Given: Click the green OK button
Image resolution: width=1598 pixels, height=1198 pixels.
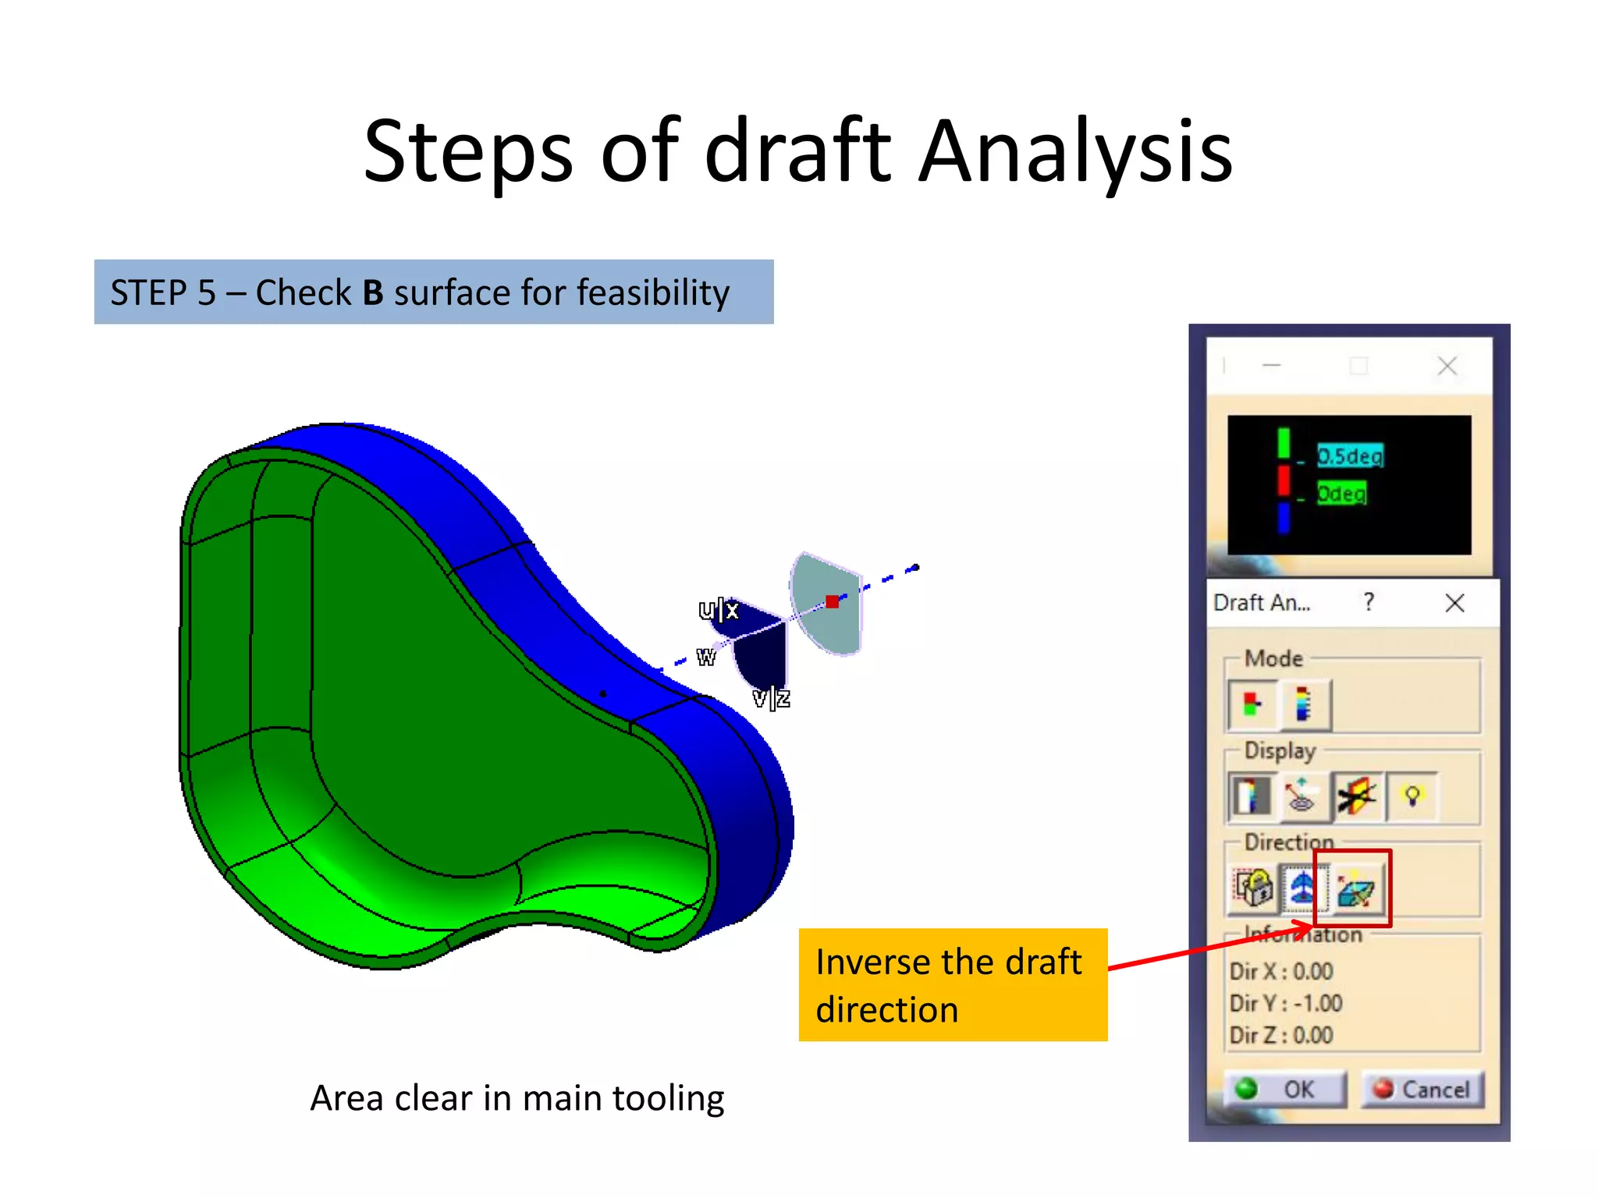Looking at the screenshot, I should click(x=1284, y=1089).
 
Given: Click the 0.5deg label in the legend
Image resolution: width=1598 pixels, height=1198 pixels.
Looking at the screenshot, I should click(x=1350, y=455).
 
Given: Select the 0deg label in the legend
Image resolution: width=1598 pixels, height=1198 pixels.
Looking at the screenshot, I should click(x=1341, y=494).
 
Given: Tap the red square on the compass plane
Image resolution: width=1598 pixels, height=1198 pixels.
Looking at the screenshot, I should click(x=833, y=601).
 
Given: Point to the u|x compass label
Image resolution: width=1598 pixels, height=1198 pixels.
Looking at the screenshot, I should click(x=718, y=609).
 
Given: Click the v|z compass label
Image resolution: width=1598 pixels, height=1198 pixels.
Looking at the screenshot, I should click(x=771, y=698).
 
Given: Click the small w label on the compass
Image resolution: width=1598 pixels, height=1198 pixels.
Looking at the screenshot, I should click(x=706, y=657).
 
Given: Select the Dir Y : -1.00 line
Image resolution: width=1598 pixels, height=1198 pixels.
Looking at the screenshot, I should click(x=1285, y=1003).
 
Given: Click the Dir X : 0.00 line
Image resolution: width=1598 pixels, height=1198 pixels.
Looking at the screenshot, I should click(x=1280, y=971).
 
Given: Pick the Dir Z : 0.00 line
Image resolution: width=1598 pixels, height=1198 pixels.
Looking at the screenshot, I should click(x=1280, y=1035).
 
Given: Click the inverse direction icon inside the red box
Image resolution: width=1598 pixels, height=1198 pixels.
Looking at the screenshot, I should click(x=1356, y=889).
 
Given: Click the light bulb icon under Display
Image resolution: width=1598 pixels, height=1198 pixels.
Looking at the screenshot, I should click(x=1412, y=796).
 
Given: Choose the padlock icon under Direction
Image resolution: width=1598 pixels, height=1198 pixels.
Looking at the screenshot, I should click(x=1252, y=888).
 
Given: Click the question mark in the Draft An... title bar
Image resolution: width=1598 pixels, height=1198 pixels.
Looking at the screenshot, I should click(x=1369, y=602).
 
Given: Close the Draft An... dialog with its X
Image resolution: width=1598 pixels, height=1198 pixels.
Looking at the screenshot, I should click(x=1454, y=603).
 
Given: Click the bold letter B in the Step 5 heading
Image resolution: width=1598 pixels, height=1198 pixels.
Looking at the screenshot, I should click(x=373, y=293).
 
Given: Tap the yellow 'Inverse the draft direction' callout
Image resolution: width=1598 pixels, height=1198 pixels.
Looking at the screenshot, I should click(x=952, y=985).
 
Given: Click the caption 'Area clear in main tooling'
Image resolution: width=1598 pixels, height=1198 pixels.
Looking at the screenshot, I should click(x=517, y=1098).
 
